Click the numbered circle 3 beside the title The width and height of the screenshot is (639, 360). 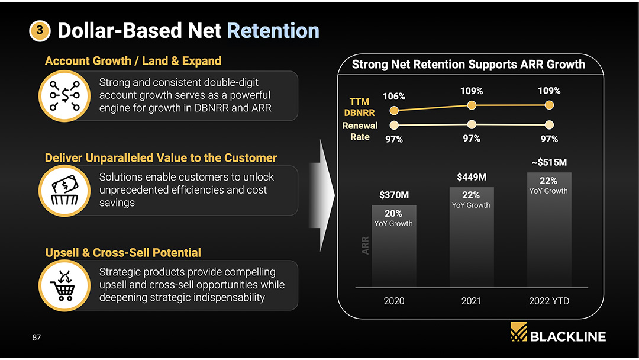pyautogui.click(x=40, y=31)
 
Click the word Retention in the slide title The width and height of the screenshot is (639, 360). pyautogui.click(x=273, y=31)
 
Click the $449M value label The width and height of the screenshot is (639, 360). pyautogui.click(x=472, y=177)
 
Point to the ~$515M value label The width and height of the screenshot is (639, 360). pyautogui.click(x=549, y=162)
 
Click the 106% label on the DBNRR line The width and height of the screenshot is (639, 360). pyautogui.click(x=394, y=96)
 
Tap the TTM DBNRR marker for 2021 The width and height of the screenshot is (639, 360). pyautogui.click(x=472, y=105)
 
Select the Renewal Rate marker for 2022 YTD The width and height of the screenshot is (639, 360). pyautogui.click(x=549, y=125)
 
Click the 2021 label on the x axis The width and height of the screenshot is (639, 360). pyautogui.click(x=471, y=301)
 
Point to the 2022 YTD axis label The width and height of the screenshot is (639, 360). pyautogui.click(x=549, y=301)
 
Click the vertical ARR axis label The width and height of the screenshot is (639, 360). pyautogui.click(x=365, y=246)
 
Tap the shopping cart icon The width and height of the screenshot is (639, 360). pyautogui.click(x=64, y=285)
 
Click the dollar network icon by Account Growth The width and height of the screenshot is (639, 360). pyautogui.click(x=64, y=95)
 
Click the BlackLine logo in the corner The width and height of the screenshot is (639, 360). pyautogui.click(x=558, y=335)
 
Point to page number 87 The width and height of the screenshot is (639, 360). pyautogui.click(x=37, y=337)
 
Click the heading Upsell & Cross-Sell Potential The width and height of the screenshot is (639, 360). pyautogui.click(x=123, y=253)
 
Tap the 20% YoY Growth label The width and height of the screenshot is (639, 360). pyautogui.click(x=393, y=218)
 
